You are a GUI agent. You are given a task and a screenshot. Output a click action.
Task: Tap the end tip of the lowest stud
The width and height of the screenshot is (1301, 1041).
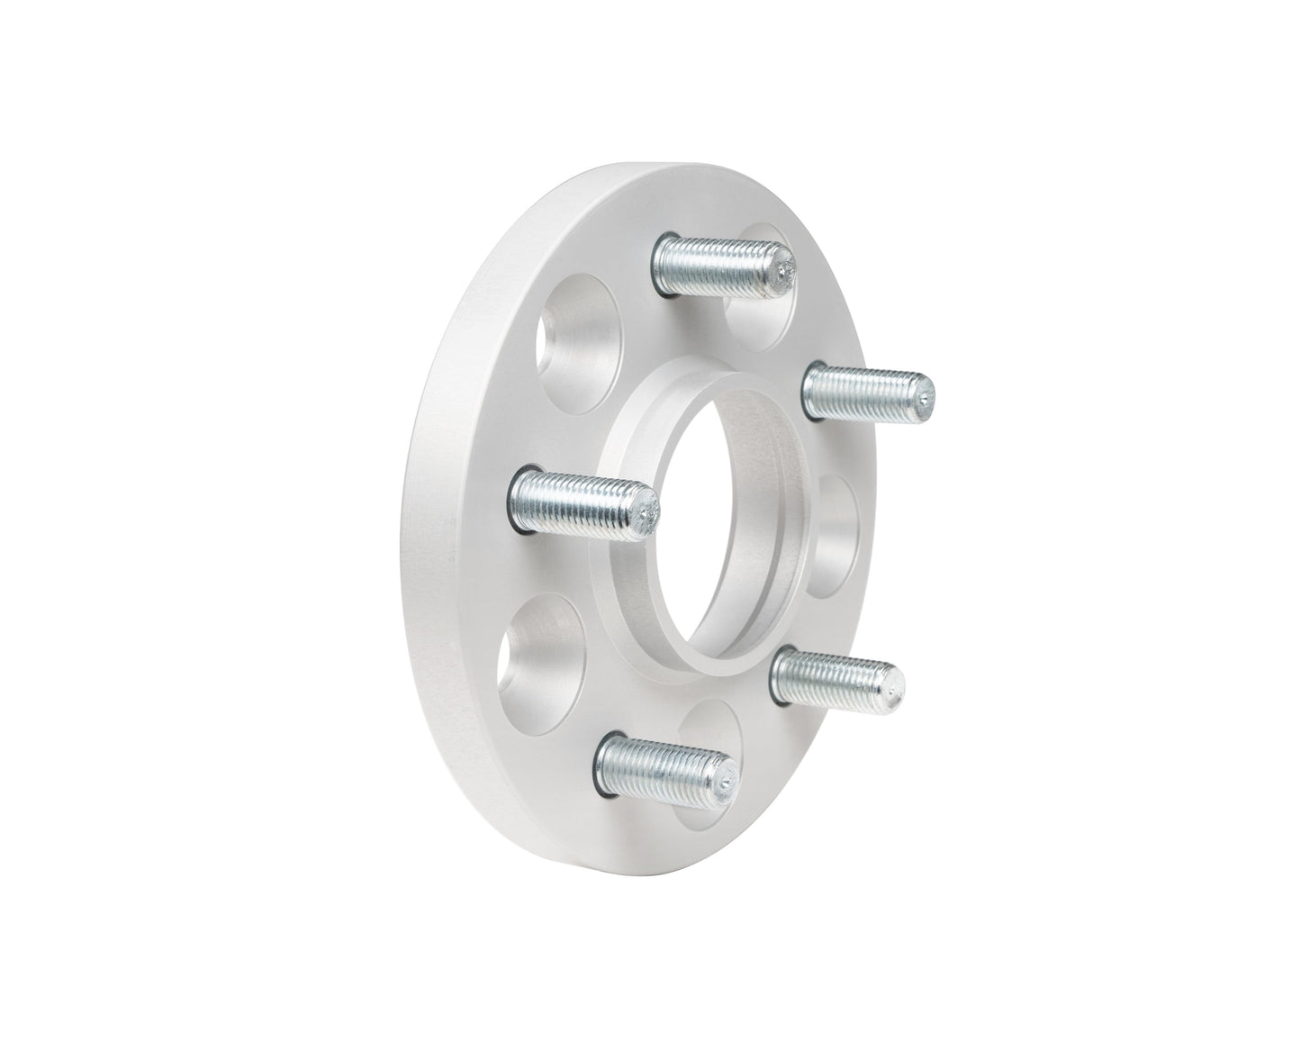coord(727,779)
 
